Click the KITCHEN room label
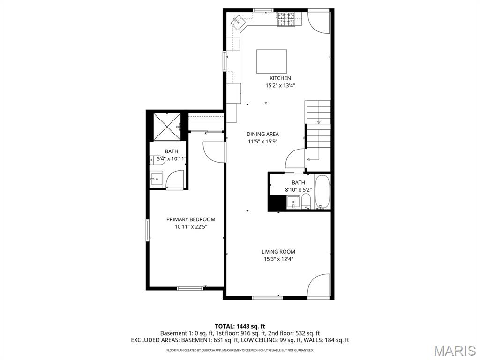(280, 78)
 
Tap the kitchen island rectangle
(271, 61)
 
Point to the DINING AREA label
(262, 134)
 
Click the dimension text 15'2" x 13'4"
(280, 86)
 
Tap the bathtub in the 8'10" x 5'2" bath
(322, 192)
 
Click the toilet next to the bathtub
(306, 202)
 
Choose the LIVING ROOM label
(278, 252)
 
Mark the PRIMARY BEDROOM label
(191, 219)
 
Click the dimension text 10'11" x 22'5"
(191, 227)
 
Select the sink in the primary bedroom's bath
(156, 179)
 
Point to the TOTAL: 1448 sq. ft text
(240, 326)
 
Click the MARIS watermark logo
(454, 351)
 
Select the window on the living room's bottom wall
(267, 297)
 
